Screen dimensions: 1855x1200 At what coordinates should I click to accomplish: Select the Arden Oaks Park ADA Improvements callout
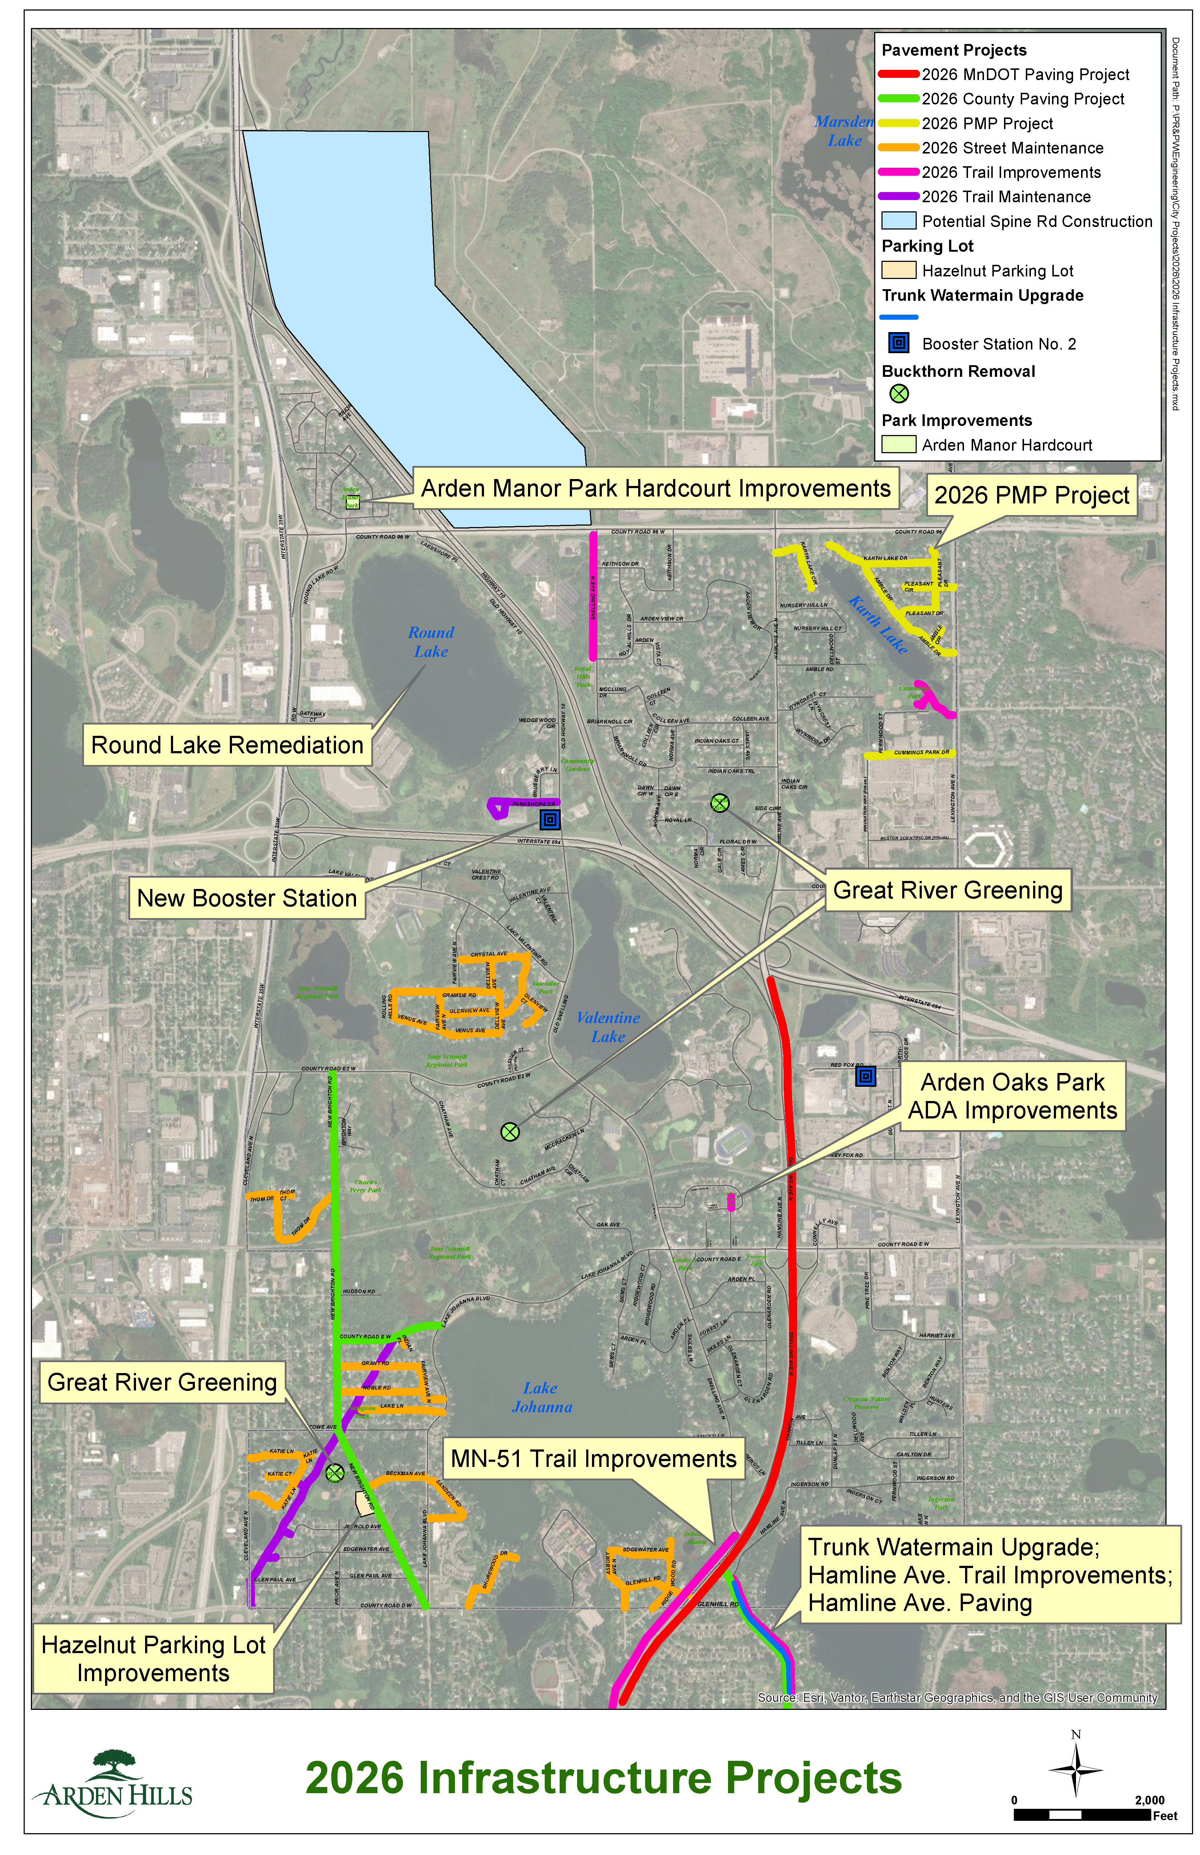[x=1012, y=1096]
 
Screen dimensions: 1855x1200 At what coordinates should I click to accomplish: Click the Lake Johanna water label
[x=541, y=1397]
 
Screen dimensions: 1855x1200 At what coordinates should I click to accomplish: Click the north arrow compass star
[x=1075, y=1769]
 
